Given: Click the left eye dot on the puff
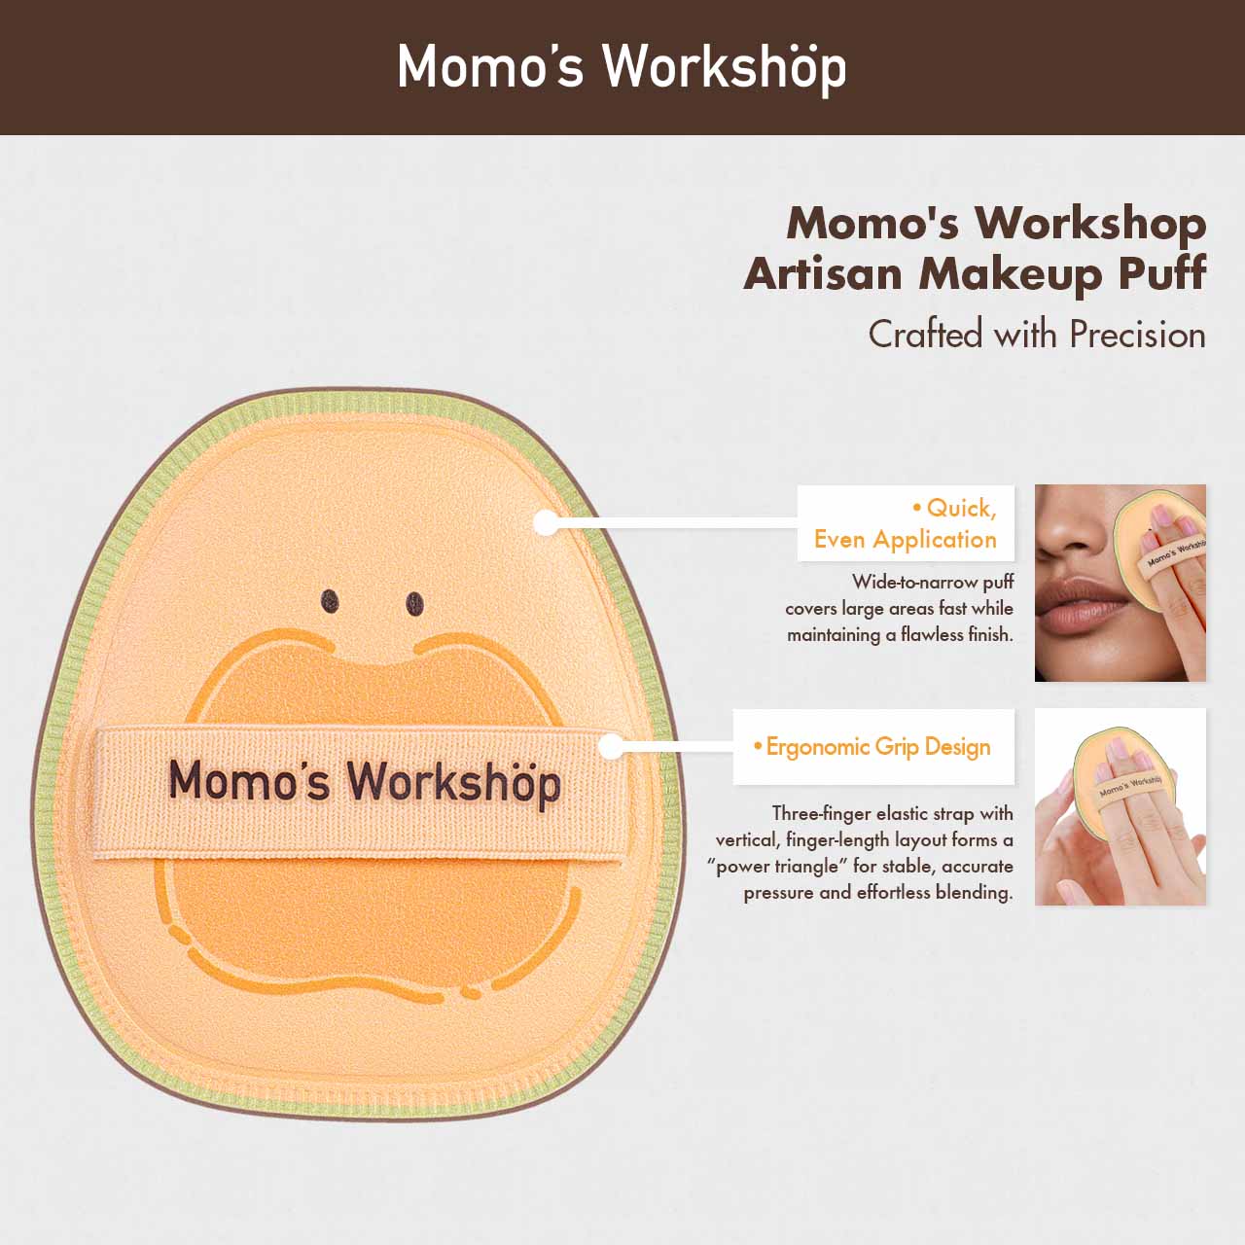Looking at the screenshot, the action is (330, 601).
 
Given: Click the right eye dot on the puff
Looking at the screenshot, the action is (414, 604).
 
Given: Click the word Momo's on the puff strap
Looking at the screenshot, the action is (249, 779).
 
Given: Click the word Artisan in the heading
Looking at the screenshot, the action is (823, 274).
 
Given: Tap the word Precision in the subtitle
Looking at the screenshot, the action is (1137, 335).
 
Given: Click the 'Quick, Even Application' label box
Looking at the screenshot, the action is (906, 523).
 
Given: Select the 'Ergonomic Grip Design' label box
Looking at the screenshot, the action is (873, 747).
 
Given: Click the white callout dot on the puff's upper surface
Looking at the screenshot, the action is (546, 522).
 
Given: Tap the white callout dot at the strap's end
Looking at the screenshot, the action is (611, 747).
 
